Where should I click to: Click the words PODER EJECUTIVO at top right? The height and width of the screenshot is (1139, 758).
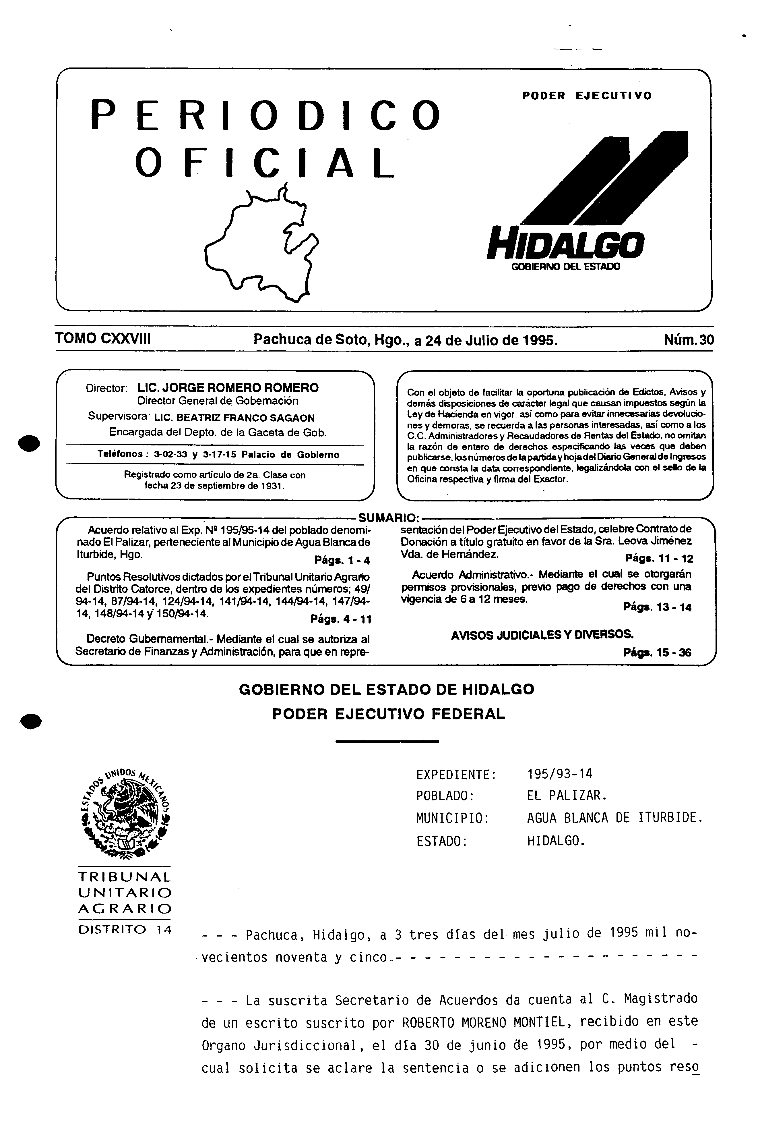(586, 96)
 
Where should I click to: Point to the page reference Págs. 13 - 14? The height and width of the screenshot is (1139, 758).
(658, 607)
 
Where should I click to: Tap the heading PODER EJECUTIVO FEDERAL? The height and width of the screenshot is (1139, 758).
(388, 714)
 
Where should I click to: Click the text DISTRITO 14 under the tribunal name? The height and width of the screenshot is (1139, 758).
(125, 930)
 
